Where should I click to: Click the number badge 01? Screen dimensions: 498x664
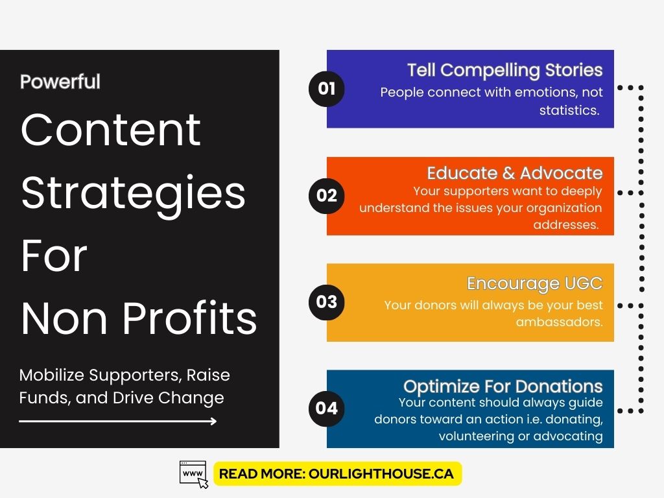point(327,89)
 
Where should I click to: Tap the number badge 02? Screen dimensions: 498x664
point(327,195)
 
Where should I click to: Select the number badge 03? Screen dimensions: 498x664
point(327,302)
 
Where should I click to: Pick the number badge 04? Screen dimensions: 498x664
point(327,408)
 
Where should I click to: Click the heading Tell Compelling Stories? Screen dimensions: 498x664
point(504,70)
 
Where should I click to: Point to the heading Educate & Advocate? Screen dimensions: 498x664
point(514,173)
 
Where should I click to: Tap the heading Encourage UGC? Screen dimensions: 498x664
point(534,283)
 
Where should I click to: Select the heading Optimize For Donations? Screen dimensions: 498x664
point(503,386)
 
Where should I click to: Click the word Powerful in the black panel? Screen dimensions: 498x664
point(60,82)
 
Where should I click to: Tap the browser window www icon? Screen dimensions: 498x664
point(194,474)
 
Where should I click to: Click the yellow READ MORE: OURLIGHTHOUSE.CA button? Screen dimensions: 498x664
point(337,474)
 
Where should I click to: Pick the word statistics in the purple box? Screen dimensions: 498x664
point(569,110)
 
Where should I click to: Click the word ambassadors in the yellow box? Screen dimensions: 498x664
point(559,322)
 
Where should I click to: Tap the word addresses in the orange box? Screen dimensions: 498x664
point(565,225)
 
